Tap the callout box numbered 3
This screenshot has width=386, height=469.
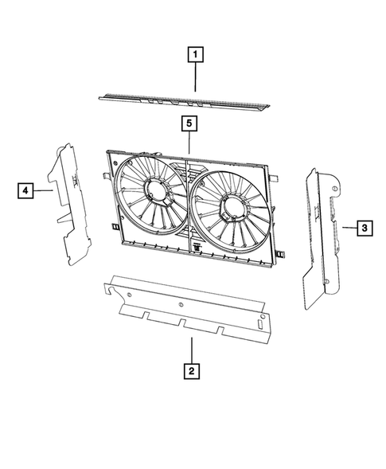coord(362,229)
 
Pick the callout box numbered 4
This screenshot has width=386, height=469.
coord(26,190)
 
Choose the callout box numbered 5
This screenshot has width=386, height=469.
coord(189,123)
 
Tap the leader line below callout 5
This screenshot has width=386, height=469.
coord(189,143)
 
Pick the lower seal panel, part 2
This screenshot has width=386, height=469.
coord(191,311)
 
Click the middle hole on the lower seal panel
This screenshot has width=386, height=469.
coord(182,303)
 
